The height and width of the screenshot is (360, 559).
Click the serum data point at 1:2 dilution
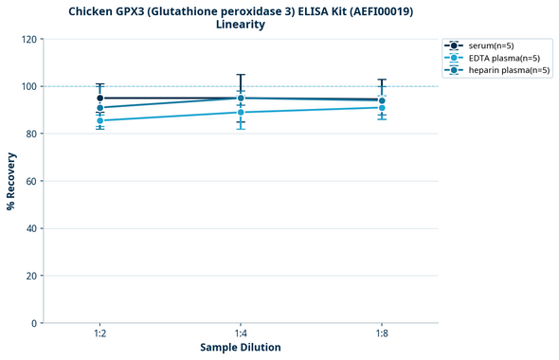point(100,98)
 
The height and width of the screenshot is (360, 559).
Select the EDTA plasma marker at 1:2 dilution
point(100,120)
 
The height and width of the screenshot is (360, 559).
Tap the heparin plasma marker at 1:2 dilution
point(100,108)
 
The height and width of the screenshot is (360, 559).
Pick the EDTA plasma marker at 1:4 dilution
point(241,112)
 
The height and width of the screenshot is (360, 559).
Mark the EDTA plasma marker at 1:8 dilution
point(382,107)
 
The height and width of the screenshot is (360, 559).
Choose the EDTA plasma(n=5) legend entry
point(502,58)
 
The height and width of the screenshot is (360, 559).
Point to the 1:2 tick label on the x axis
point(100,333)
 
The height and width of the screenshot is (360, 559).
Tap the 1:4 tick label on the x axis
point(241,333)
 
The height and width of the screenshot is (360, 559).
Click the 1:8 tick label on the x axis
point(382,333)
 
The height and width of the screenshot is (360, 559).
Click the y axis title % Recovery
point(11,181)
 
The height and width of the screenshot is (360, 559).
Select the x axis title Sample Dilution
point(241,348)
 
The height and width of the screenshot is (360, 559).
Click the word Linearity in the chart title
point(241,25)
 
